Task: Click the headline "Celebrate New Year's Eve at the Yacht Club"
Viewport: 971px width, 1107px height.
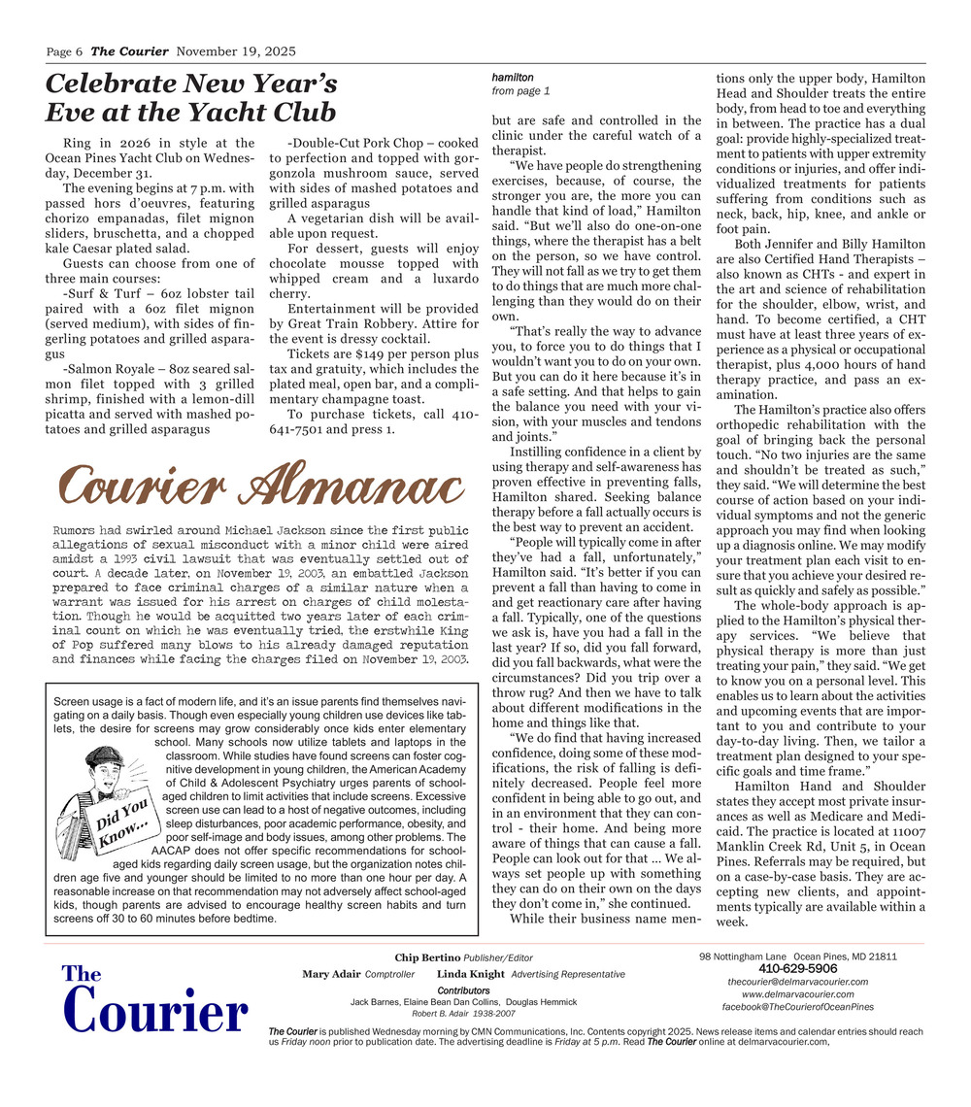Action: pyautogui.click(x=191, y=96)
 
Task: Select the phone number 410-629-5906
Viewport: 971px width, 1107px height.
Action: pyautogui.click(x=797, y=968)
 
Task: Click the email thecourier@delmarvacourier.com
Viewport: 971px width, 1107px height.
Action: pyautogui.click(x=797, y=982)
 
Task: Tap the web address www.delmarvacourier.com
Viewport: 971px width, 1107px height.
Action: pyautogui.click(x=797, y=994)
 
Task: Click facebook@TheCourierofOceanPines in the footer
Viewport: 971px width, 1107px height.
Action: pyautogui.click(x=797, y=1007)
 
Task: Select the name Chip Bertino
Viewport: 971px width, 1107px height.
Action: pyautogui.click(x=426, y=958)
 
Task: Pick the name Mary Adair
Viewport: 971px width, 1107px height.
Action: pyautogui.click(x=330, y=974)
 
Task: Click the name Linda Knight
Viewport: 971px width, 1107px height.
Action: pyautogui.click(x=471, y=974)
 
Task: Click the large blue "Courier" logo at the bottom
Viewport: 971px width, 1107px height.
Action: pyautogui.click(x=156, y=1013)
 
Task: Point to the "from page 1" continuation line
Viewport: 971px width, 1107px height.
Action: pyautogui.click(x=521, y=91)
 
